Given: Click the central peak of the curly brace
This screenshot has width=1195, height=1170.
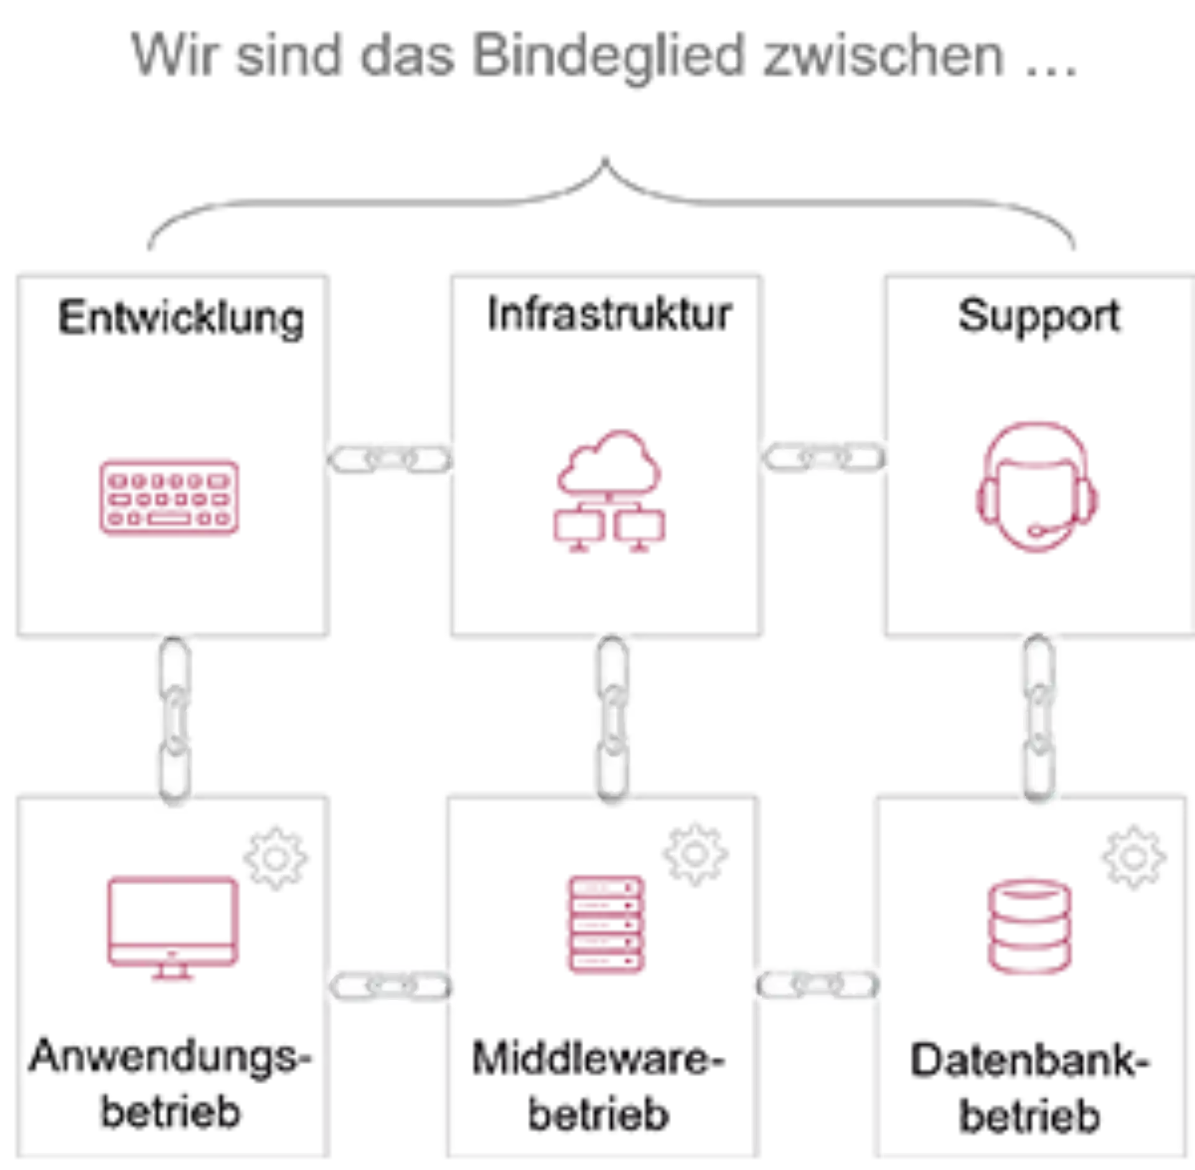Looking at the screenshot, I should click(x=604, y=159).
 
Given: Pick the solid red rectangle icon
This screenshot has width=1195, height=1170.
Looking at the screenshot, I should click(x=169, y=498).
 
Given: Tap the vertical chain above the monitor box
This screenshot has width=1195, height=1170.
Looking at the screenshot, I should click(x=174, y=718).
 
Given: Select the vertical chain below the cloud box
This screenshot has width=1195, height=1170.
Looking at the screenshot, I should click(x=613, y=718).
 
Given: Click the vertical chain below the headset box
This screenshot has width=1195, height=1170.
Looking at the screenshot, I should click(x=1039, y=718).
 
